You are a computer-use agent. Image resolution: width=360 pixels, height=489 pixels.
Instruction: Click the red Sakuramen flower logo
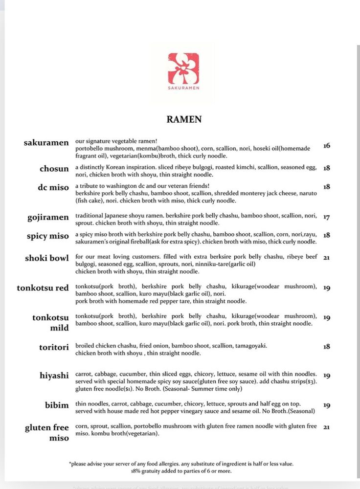click(x=183, y=68)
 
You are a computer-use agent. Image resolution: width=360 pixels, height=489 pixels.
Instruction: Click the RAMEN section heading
click(x=184, y=119)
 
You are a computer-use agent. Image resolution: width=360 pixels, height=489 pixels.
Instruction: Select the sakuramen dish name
click(x=46, y=143)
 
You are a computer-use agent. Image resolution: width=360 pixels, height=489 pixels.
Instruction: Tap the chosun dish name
click(x=54, y=169)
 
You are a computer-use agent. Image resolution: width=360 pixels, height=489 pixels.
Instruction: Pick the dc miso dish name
click(x=53, y=187)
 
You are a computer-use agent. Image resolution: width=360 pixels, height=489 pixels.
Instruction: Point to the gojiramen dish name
click(x=48, y=218)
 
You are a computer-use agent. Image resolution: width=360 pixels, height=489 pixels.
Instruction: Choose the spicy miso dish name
click(x=48, y=236)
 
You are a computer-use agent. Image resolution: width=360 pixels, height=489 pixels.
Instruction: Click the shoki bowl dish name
click(x=47, y=258)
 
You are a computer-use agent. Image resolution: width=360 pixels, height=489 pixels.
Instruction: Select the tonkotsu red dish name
click(x=43, y=288)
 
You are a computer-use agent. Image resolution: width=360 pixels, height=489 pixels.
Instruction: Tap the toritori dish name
click(x=54, y=347)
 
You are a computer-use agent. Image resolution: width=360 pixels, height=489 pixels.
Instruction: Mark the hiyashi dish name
click(x=54, y=376)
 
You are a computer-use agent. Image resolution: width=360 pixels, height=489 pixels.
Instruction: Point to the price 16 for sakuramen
click(x=327, y=146)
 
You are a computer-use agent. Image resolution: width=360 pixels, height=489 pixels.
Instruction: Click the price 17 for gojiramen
click(x=327, y=217)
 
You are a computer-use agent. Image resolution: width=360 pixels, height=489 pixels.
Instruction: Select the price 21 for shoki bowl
click(x=327, y=258)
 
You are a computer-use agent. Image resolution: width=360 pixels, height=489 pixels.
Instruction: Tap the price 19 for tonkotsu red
click(x=327, y=288)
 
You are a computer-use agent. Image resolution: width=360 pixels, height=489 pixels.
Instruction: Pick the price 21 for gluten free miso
click(x=327, y=427)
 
